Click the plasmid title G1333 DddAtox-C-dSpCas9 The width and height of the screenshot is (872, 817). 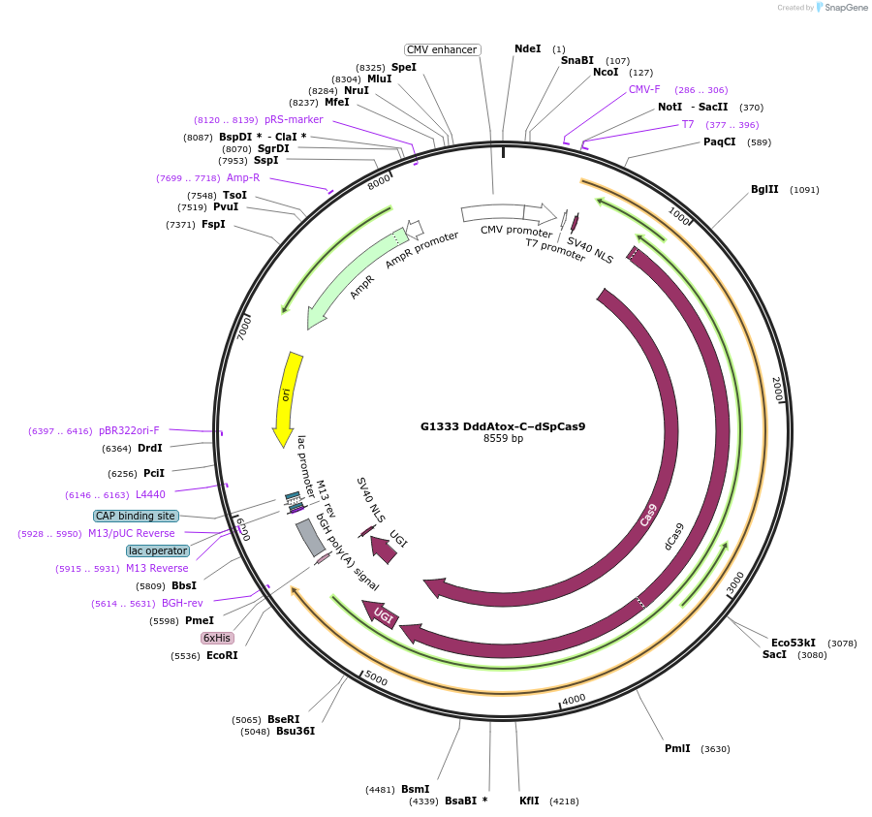(x=503, y=425)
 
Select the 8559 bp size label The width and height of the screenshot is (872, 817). (x=503, y=438)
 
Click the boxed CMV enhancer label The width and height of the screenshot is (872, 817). (x=442, y=49)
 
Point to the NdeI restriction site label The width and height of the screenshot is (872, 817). (x=528, y=48)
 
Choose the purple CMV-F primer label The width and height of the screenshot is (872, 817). (x=644, y=89)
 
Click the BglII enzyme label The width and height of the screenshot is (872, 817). (x=764, y=189)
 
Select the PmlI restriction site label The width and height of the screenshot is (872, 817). (x=677, y=748)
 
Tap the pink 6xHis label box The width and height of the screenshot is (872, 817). (x=217, y=638)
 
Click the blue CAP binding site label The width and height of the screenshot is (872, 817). (x=136, y=516)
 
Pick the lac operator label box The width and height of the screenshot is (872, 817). (x=158, y=550)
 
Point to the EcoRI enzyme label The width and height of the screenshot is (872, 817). (x=222, y=655)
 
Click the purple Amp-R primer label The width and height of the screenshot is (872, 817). (x=243, y=177)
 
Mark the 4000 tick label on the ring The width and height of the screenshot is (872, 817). (x=574, y=699)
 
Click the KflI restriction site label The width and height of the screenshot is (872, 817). (x=529, y=801)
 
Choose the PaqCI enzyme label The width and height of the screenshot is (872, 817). (x=720, y=141)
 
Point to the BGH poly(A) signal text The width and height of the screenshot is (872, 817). (x=346, y=553)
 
